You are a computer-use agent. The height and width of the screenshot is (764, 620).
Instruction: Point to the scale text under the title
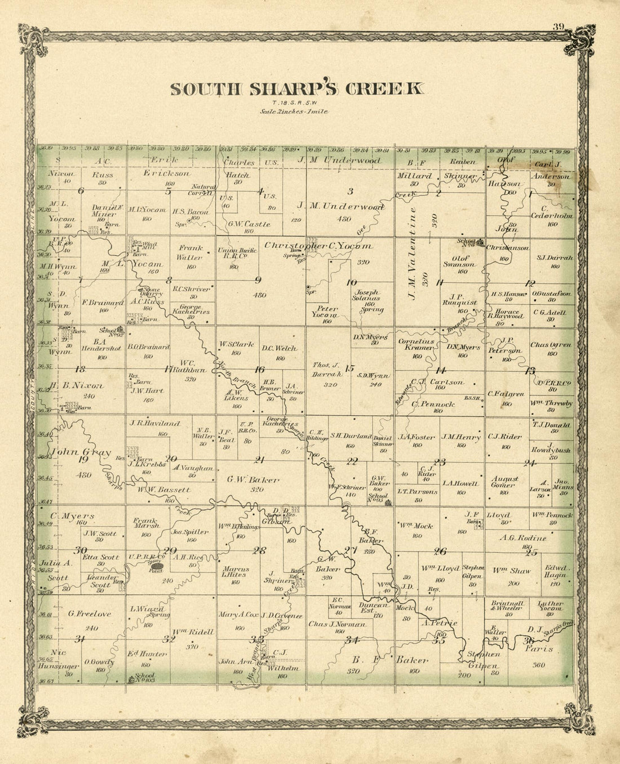(294, 112)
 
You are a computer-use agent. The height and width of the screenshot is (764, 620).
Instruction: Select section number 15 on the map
(350, 368)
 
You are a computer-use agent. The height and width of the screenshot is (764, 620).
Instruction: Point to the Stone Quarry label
(152, 291)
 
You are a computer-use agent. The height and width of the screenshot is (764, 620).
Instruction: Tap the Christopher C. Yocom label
(318, 246)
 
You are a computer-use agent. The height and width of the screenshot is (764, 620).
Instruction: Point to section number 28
(259, 550)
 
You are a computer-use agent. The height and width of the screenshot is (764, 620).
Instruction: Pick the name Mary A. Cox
(238, 615)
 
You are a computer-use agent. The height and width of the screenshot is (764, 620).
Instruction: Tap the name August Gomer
(504, 482)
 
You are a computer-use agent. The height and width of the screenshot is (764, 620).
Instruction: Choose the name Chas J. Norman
(338, 624)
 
